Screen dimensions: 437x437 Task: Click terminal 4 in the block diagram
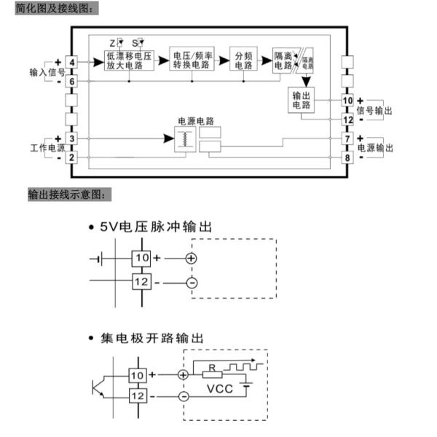(x=72, y=63)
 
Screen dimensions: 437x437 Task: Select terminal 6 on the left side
(x=72, y=82)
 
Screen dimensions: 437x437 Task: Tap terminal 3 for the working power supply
(x=72, y=138)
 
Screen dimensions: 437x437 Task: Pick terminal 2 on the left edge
(x=72, y=157)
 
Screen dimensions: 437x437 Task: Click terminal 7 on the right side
(x=347, y=138)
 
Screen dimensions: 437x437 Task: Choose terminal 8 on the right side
(x=347, y=157)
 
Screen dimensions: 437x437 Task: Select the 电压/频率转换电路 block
(x=193, y=60)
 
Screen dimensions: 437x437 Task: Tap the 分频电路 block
(x=243, y=60)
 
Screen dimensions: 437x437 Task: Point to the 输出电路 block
(x=302, y=101)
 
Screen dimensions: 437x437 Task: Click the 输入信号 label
(x=47, y=73)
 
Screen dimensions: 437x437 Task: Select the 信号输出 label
(x=374, y=110)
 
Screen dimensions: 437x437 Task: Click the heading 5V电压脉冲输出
(x=157, y=227)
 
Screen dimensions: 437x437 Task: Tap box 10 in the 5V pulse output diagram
(x=142, y=258)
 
